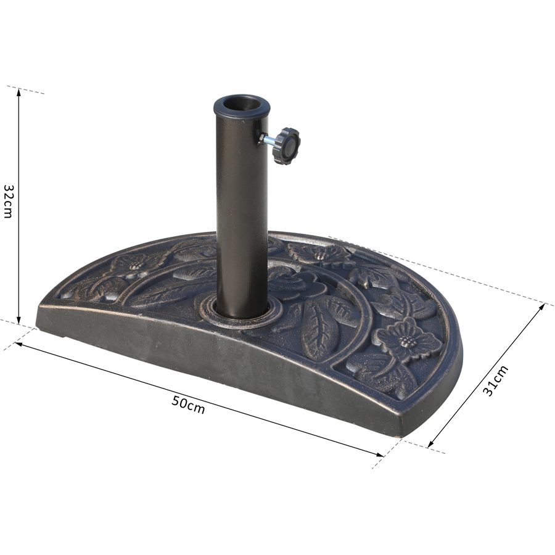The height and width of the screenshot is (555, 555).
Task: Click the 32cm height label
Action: pyautogui.click(x=8, y=201)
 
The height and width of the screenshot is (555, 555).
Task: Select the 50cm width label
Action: pyautogui.click(x=188, y=404)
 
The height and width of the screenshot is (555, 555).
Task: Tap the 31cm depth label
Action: pyautogui.click(x=496, y=381)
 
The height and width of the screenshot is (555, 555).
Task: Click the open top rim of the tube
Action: pyautogui.click(x=242, y=105)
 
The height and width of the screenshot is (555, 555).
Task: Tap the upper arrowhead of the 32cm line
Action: pyautogui.click(x=18, y=92)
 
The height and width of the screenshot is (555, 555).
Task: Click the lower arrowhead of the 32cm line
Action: pyautogui.click(x=18, y=319)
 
